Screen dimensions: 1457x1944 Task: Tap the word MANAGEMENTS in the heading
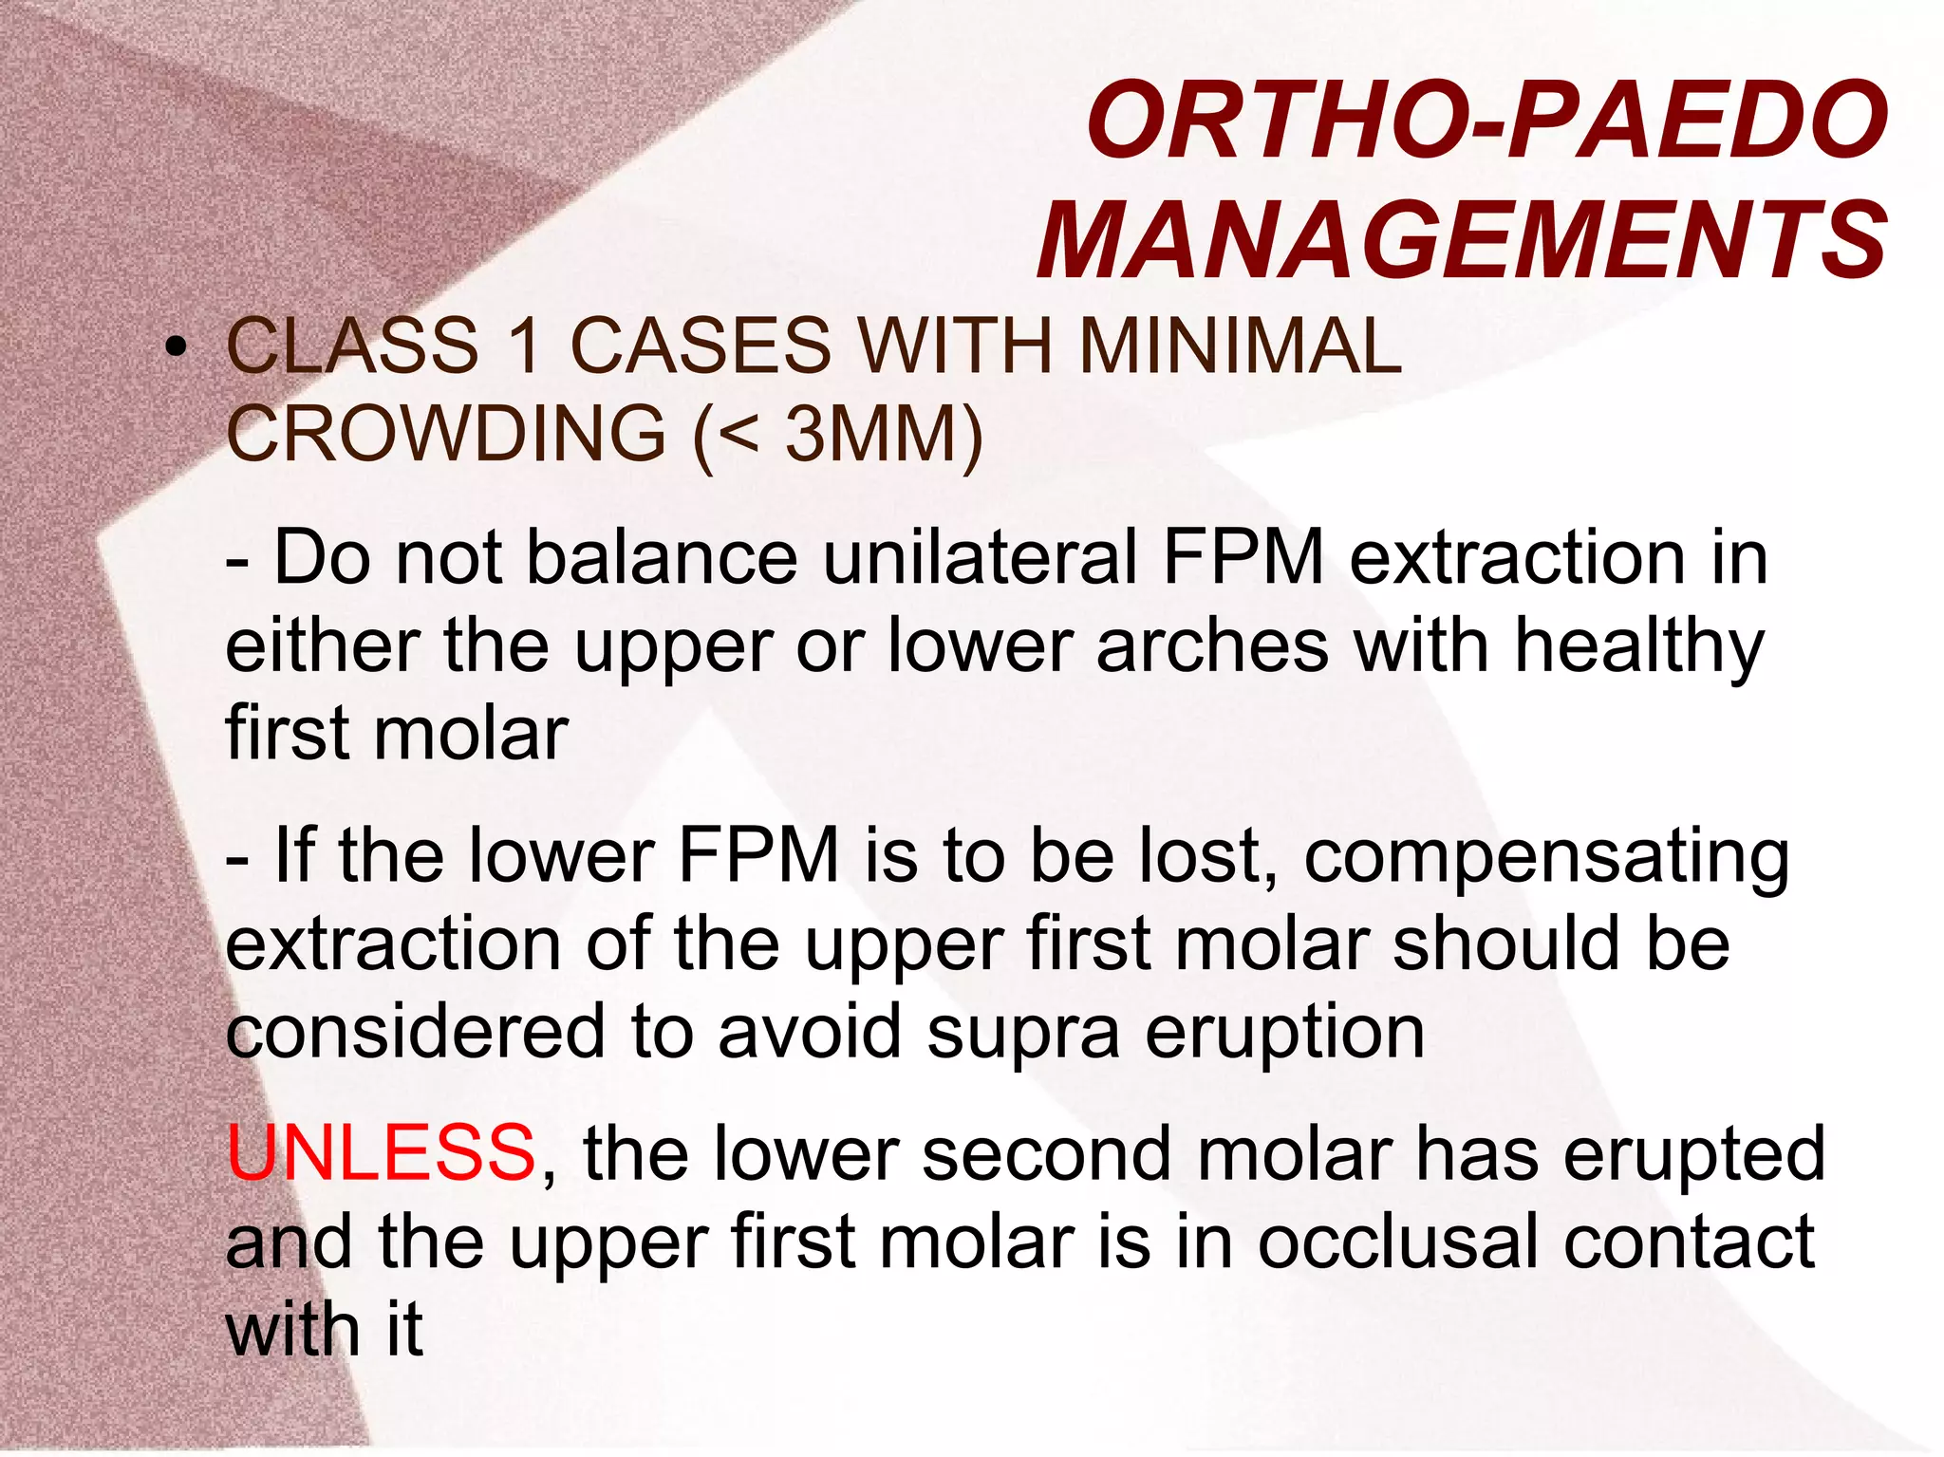coord(1463,239)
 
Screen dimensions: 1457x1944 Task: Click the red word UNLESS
coord(382,1152)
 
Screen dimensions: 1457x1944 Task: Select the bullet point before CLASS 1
coord(175,348)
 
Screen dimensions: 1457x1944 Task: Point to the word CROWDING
coord(446,434)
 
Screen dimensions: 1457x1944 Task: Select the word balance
coord(662,557)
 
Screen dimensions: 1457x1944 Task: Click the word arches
coord(1212,645)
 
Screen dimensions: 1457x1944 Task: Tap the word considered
coord(415,1033)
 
